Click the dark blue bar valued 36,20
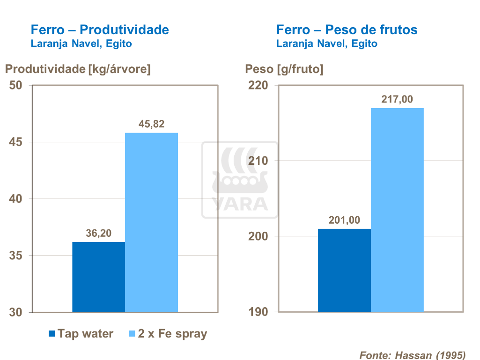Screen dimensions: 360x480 (x=98, y=277)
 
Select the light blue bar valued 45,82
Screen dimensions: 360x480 (x=151, y=222)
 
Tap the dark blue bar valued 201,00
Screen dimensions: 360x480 (x=344, y=270)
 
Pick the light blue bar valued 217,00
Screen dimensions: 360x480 (x=397, y=210)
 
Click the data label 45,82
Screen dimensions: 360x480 (x=151, y=125)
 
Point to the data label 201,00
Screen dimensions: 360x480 (x=344, y=220)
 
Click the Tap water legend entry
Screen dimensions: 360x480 (x=81, y=334)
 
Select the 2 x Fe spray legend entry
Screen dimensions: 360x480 (x=167, y=334)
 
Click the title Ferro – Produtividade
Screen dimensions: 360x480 (x=99, y=30)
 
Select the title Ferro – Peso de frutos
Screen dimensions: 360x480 (x=347, y=30)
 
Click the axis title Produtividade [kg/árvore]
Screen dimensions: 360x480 (x=78, y=69)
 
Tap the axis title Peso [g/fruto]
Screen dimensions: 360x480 (x=284, y=69)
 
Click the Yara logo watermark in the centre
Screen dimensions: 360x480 (x=239, y=180)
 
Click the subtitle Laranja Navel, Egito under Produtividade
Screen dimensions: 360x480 (x=81, y=44)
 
